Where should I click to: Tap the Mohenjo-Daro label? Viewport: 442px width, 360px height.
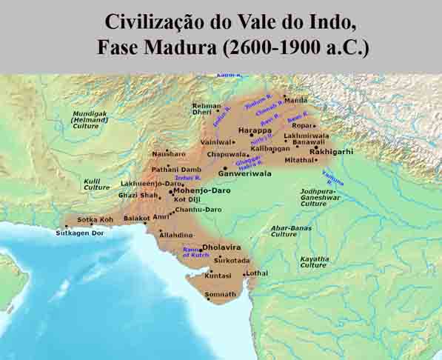pyautogui.click(x=201, y=190)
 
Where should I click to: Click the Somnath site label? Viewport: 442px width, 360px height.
pyautogui.click(x=221, y=294)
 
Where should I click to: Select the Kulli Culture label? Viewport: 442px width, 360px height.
pyautogui.click(x=96, y=184)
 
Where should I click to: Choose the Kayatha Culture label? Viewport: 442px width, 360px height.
pyautogui.click(x=314, y=261)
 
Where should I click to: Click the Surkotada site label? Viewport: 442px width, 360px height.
pyautogui.click(x=232, y=261)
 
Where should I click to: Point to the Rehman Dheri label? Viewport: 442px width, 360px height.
pyautogui.click(x=207, y=109)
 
